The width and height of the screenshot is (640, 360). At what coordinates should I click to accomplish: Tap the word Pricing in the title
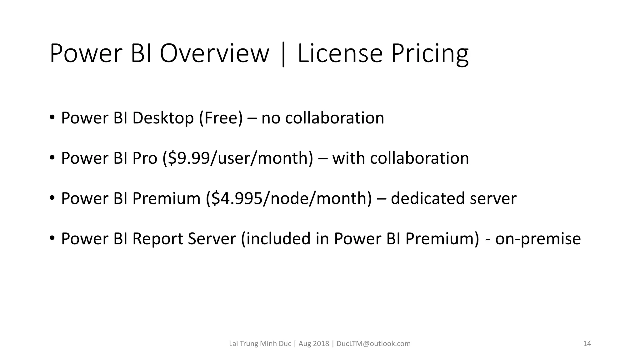point(430,54)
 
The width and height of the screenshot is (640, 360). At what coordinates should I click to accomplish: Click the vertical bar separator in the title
point(283,55)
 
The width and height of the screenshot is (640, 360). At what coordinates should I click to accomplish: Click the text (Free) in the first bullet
point(221,118)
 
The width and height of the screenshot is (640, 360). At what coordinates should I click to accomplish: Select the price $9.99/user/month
point(238,158)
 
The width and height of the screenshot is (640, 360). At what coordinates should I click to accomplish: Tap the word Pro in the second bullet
point(144,158)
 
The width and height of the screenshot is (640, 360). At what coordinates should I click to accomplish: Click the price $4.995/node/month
point(289,198)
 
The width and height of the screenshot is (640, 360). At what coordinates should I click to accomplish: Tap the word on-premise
point(538,239)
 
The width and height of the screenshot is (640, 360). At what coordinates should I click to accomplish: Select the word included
point(275,239)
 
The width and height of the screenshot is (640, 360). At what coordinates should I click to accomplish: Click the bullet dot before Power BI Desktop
point(52,117)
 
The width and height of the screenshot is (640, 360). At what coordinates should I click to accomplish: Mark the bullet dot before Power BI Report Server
point(52,238)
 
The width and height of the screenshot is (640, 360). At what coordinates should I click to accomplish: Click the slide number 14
point(587,344)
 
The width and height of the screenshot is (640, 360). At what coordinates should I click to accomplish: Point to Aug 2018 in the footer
point(314,344)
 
